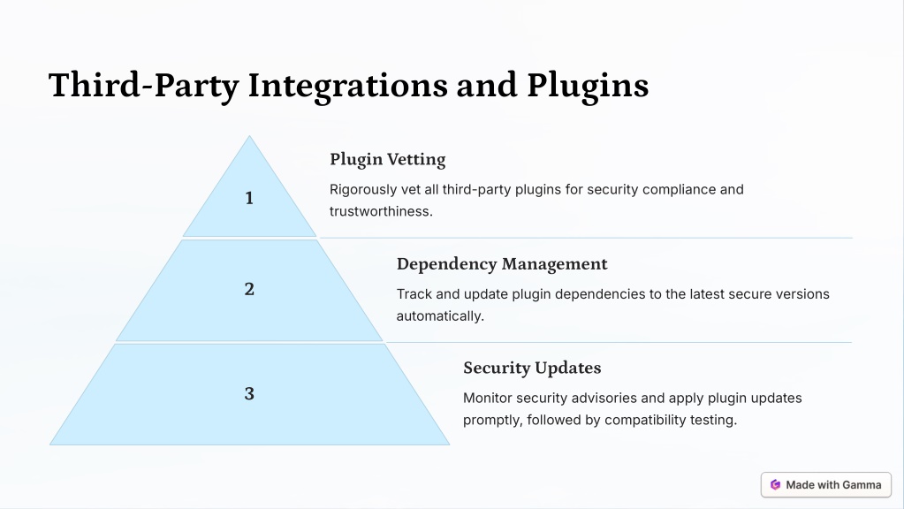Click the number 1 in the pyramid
pos(249,198)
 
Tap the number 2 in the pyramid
pos(249,289)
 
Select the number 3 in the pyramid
pos(249,394)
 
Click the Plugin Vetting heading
pos(387,159)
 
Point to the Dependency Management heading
pos(502,264)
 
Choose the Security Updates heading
pos(532,368)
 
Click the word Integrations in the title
pos(347,86)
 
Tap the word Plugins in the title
pos(588,86)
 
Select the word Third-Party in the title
pos(143,86)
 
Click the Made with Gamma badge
pos(826,485)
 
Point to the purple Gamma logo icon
pos(776,485)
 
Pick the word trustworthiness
pos(381,211)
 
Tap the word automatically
pos(440,315)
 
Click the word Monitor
pos(487,399)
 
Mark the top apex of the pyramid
pos(249,136)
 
